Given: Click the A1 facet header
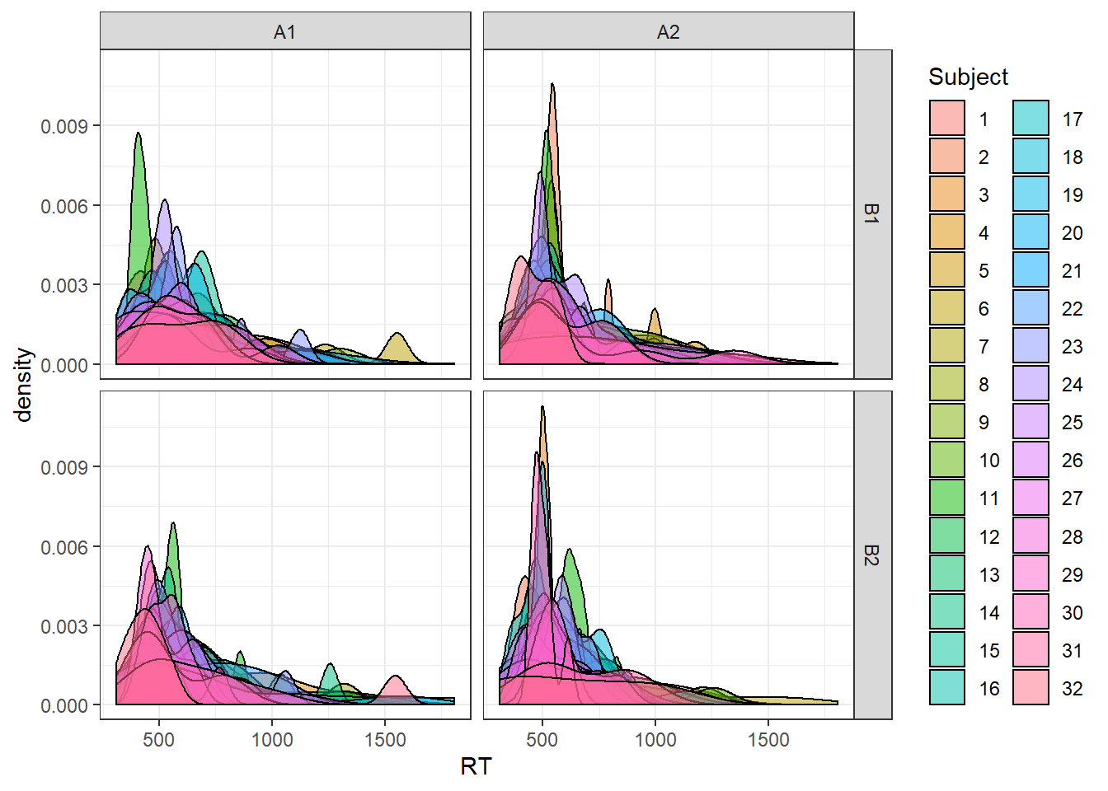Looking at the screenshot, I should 284,32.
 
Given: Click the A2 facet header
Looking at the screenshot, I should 668,32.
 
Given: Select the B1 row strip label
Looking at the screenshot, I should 872,214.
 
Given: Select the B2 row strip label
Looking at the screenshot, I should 872,555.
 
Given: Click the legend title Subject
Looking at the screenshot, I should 968,77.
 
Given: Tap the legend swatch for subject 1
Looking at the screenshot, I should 947,119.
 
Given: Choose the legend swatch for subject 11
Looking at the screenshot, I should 947,498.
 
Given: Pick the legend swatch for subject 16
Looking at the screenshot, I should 947,687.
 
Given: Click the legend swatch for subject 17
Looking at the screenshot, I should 1031,119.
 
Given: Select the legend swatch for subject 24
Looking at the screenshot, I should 1031,384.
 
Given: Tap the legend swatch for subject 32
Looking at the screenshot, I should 1031,687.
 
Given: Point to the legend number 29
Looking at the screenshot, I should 1072,574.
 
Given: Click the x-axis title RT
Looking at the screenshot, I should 476,766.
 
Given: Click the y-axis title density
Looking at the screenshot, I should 23,384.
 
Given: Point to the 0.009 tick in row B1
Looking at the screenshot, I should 64,126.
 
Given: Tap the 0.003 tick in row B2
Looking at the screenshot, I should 64,626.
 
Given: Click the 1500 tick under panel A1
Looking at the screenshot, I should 385,739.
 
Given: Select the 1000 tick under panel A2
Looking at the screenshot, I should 655,739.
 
